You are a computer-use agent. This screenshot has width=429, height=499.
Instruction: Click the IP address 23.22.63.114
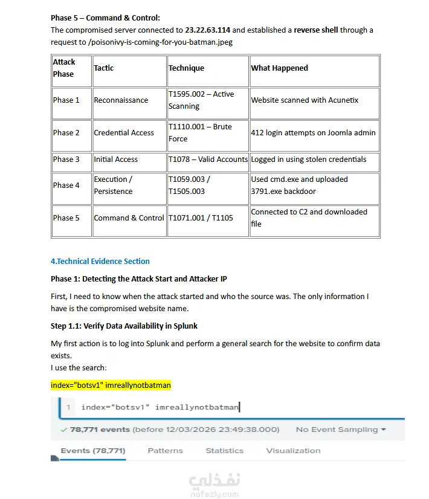(x=207, y=30)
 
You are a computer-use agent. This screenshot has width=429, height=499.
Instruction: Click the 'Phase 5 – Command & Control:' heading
(x=105, y=18)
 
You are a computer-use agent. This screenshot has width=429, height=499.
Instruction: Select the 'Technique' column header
(x=186, y=68)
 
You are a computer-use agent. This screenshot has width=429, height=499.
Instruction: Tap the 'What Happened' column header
(x=279, y=68)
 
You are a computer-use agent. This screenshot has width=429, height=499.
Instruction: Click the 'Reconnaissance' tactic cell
(x=121, y=100)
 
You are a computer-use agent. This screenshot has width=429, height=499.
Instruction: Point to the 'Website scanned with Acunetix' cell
(x=305, y=100)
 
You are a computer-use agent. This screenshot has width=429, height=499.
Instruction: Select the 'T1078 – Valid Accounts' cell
(x=208, y=159)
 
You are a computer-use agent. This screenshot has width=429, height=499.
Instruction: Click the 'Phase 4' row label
(x=66, y=185)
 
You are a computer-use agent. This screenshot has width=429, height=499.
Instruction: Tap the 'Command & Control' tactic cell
(x=129, y=218)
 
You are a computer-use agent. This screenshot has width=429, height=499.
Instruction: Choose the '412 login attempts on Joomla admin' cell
(x=313, y=133)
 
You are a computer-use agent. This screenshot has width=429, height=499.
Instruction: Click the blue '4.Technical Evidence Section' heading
(x=100, y=261)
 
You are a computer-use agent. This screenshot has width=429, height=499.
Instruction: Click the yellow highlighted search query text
(x=111, y=385)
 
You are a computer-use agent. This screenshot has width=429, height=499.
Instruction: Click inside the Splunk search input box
(x=242, y=407)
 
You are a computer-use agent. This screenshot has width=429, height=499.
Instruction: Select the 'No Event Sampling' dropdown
(x=341, y=430)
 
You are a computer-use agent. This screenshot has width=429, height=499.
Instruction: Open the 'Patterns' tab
(x=165, y=451)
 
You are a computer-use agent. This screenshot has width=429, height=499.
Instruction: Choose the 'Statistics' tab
(x=224, y=451)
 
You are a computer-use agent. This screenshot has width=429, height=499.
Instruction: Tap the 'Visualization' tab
(x=293, y=451)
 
